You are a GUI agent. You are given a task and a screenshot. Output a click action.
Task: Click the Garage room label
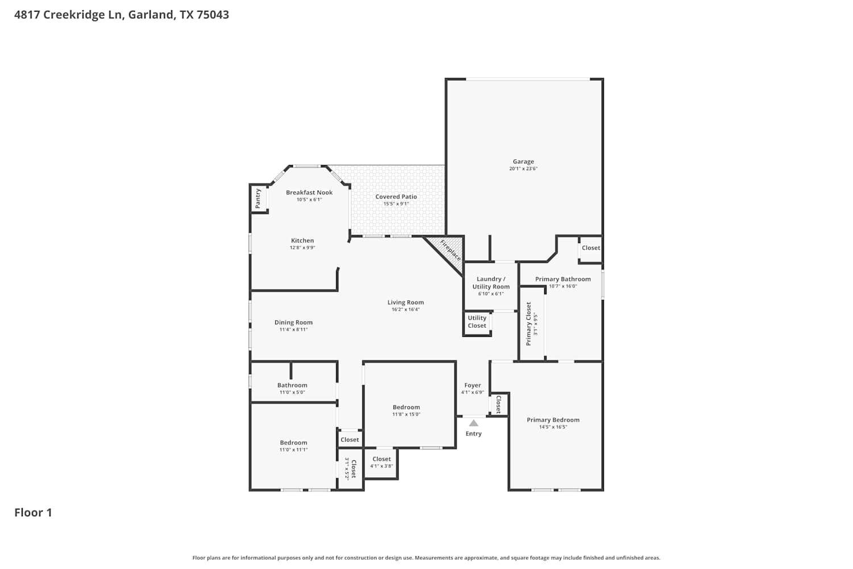coord(523,162)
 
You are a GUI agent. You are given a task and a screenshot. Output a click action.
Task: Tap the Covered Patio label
coord(396,197)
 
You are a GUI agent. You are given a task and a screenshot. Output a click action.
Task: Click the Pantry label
coord(258,199)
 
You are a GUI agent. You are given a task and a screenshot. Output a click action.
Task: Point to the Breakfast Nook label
coord(309,192)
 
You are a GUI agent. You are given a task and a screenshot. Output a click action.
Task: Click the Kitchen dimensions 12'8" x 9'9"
coord(303,248)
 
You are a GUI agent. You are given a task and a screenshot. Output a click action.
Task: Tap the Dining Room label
coord(293,323)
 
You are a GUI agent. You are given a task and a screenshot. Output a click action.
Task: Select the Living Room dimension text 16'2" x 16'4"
coord(405,310)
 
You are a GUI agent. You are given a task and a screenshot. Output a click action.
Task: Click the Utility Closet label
coord(477,321)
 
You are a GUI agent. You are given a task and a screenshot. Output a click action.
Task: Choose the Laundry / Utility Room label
coord(491,283)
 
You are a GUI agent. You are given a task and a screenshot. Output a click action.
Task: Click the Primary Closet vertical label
coord(528,324)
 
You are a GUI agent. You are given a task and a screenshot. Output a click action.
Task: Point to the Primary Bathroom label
coord(563,279)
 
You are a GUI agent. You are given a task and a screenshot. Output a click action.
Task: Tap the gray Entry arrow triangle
coord(473,423)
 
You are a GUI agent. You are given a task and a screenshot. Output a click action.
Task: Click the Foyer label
coord(473,385)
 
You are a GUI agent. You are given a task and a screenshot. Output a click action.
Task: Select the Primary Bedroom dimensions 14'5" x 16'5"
coord(553,427)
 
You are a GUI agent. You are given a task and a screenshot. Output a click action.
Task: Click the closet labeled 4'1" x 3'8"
coord(382,462)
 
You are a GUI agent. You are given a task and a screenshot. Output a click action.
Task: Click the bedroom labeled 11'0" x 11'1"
coord(293,446)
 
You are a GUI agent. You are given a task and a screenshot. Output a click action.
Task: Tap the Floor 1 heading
coord(33,513)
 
